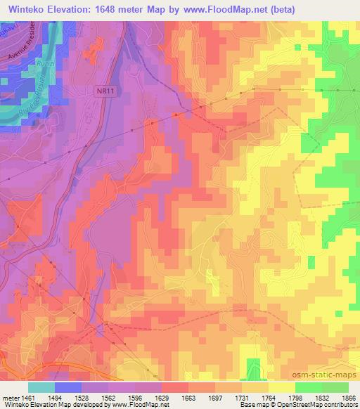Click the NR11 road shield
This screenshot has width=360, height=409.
[x=105, y=91]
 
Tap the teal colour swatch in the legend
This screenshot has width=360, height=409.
[x=41, y=387]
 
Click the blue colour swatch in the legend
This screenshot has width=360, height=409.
[x=68, y=387]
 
